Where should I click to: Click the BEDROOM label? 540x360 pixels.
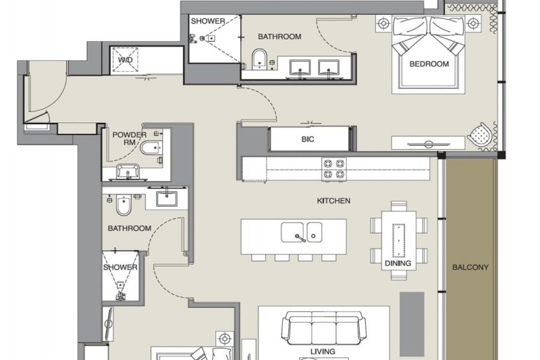429,64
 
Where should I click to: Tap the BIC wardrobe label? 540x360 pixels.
308,139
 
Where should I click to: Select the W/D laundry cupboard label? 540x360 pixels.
125,60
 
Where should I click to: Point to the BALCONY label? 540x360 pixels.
470,267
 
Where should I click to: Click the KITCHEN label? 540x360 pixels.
333,201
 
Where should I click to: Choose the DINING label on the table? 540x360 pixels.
398,263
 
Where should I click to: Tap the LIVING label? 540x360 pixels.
323,352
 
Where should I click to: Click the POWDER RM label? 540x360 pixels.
130,138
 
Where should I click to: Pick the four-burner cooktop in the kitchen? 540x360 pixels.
334,169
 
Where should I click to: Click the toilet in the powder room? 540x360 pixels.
151,148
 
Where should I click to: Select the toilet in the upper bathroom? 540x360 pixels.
259,59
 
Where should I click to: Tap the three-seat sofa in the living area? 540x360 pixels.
324,328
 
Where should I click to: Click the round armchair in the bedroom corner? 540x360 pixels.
481,135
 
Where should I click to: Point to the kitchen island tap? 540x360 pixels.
300,237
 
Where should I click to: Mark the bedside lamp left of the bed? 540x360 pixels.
383,24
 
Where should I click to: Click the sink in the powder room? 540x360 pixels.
128,172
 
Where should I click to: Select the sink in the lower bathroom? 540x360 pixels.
167,199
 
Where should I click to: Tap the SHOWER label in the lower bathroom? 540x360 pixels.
120,267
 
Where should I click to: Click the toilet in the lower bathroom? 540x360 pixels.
122,205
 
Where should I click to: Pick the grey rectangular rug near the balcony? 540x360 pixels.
412,324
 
